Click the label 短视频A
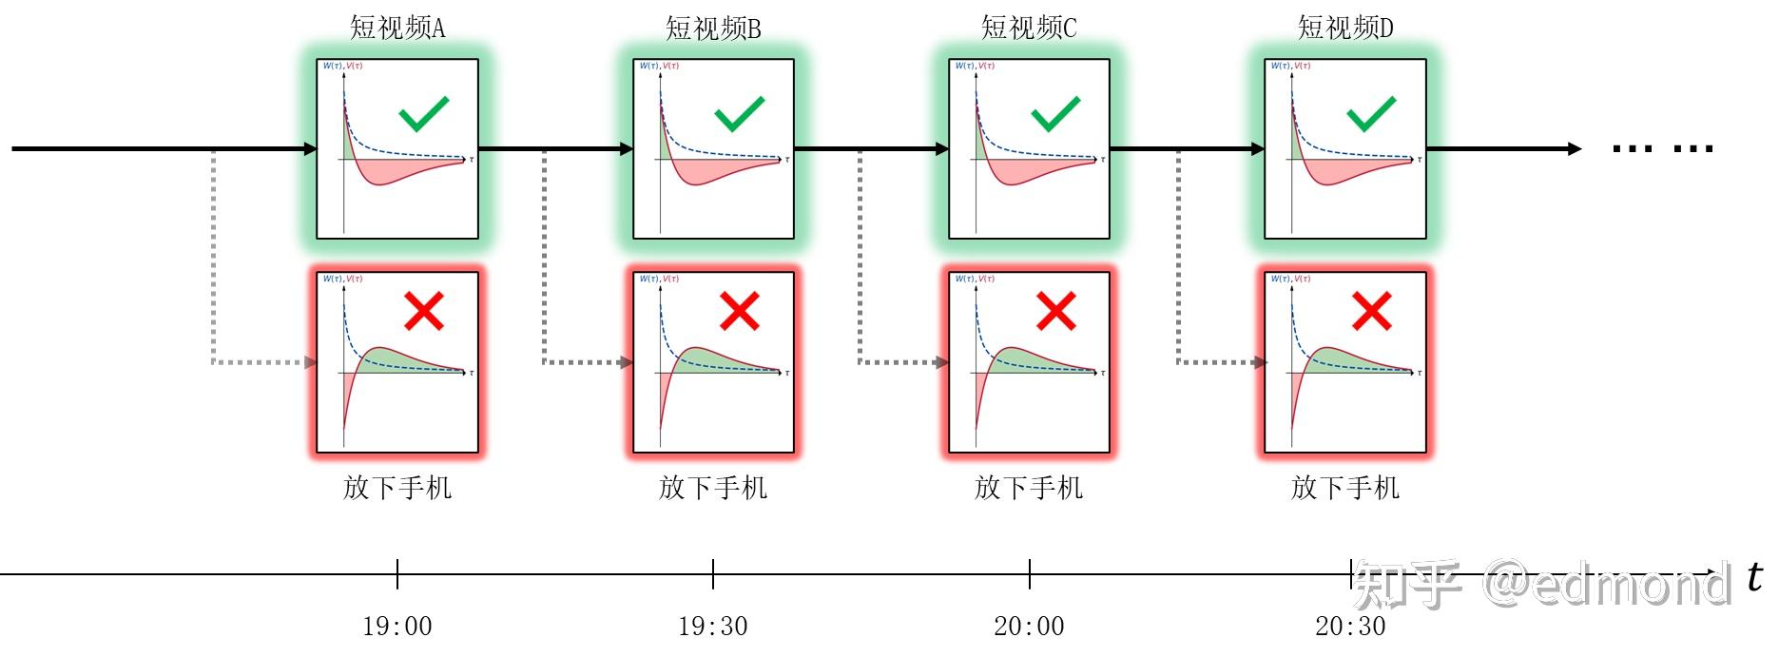tap(396, 28)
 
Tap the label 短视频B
tap(713, 29)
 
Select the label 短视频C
tap(1029, 28)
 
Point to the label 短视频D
tap(1345, 28)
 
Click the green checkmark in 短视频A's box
tap(423, 114)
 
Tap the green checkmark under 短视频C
tap(1055, 114)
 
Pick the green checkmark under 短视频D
tap(1371, 114)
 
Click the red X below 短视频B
tap(739, 311)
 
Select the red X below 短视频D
tap(1371, 311)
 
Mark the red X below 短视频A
tap(423, 311)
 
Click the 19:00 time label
tap(396, 626)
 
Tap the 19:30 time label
tap(712, 626)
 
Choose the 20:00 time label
tap(1029, 626)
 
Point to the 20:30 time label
tap(1350, 626)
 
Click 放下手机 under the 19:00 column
tap(396, 488)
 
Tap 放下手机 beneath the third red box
tap(1029, 488)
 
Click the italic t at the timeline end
tap(1754, 576)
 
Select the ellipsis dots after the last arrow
tap(1663, 148)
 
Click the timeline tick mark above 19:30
tap(713, 573)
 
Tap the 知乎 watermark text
tap(1407, 584)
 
